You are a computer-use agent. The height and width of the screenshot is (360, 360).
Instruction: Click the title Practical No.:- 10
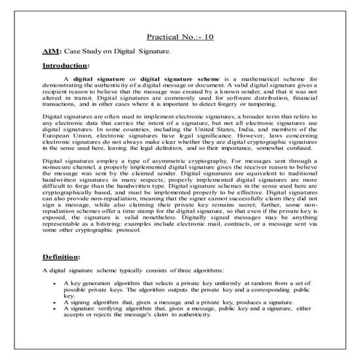pos(180,35)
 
